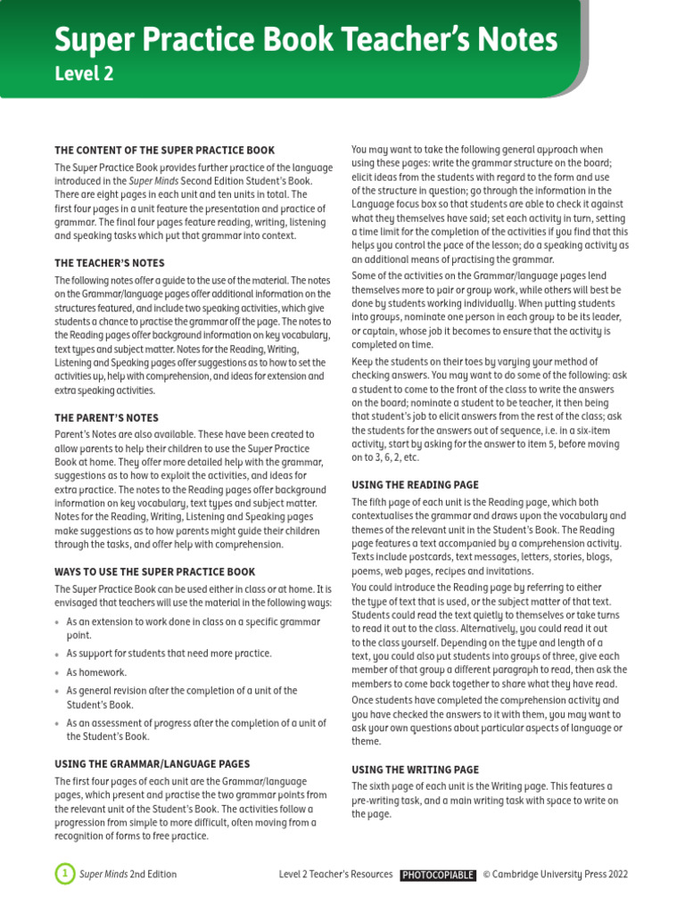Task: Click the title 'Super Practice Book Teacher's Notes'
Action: coord(306,40)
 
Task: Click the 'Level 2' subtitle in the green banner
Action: coord(84,75)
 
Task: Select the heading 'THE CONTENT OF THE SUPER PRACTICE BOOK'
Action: coord(165,151)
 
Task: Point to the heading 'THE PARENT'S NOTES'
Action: coord(107,418)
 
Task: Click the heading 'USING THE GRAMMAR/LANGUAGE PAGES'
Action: coord(152,764)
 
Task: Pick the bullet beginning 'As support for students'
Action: coord(169,654)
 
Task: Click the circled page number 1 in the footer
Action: coord(64,875)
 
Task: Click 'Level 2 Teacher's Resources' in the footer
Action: coord(335,875)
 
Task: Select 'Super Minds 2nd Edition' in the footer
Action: coord(128,875)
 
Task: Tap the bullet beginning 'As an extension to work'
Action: coord(187,628)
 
